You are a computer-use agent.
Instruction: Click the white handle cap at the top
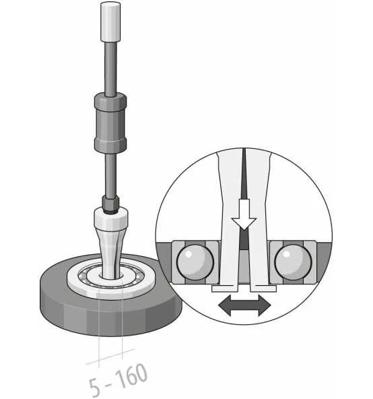[110, 22]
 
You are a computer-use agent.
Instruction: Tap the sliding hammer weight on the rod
[110, 123]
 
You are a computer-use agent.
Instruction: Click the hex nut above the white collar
[110, 203]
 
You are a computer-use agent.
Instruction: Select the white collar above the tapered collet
[111, 218]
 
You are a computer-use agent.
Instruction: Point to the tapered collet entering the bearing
[110, 252]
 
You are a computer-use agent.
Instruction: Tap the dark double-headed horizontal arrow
[244, 305]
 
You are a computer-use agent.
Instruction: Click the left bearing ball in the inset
[195, 262]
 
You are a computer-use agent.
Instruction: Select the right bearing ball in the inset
[293, 262]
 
